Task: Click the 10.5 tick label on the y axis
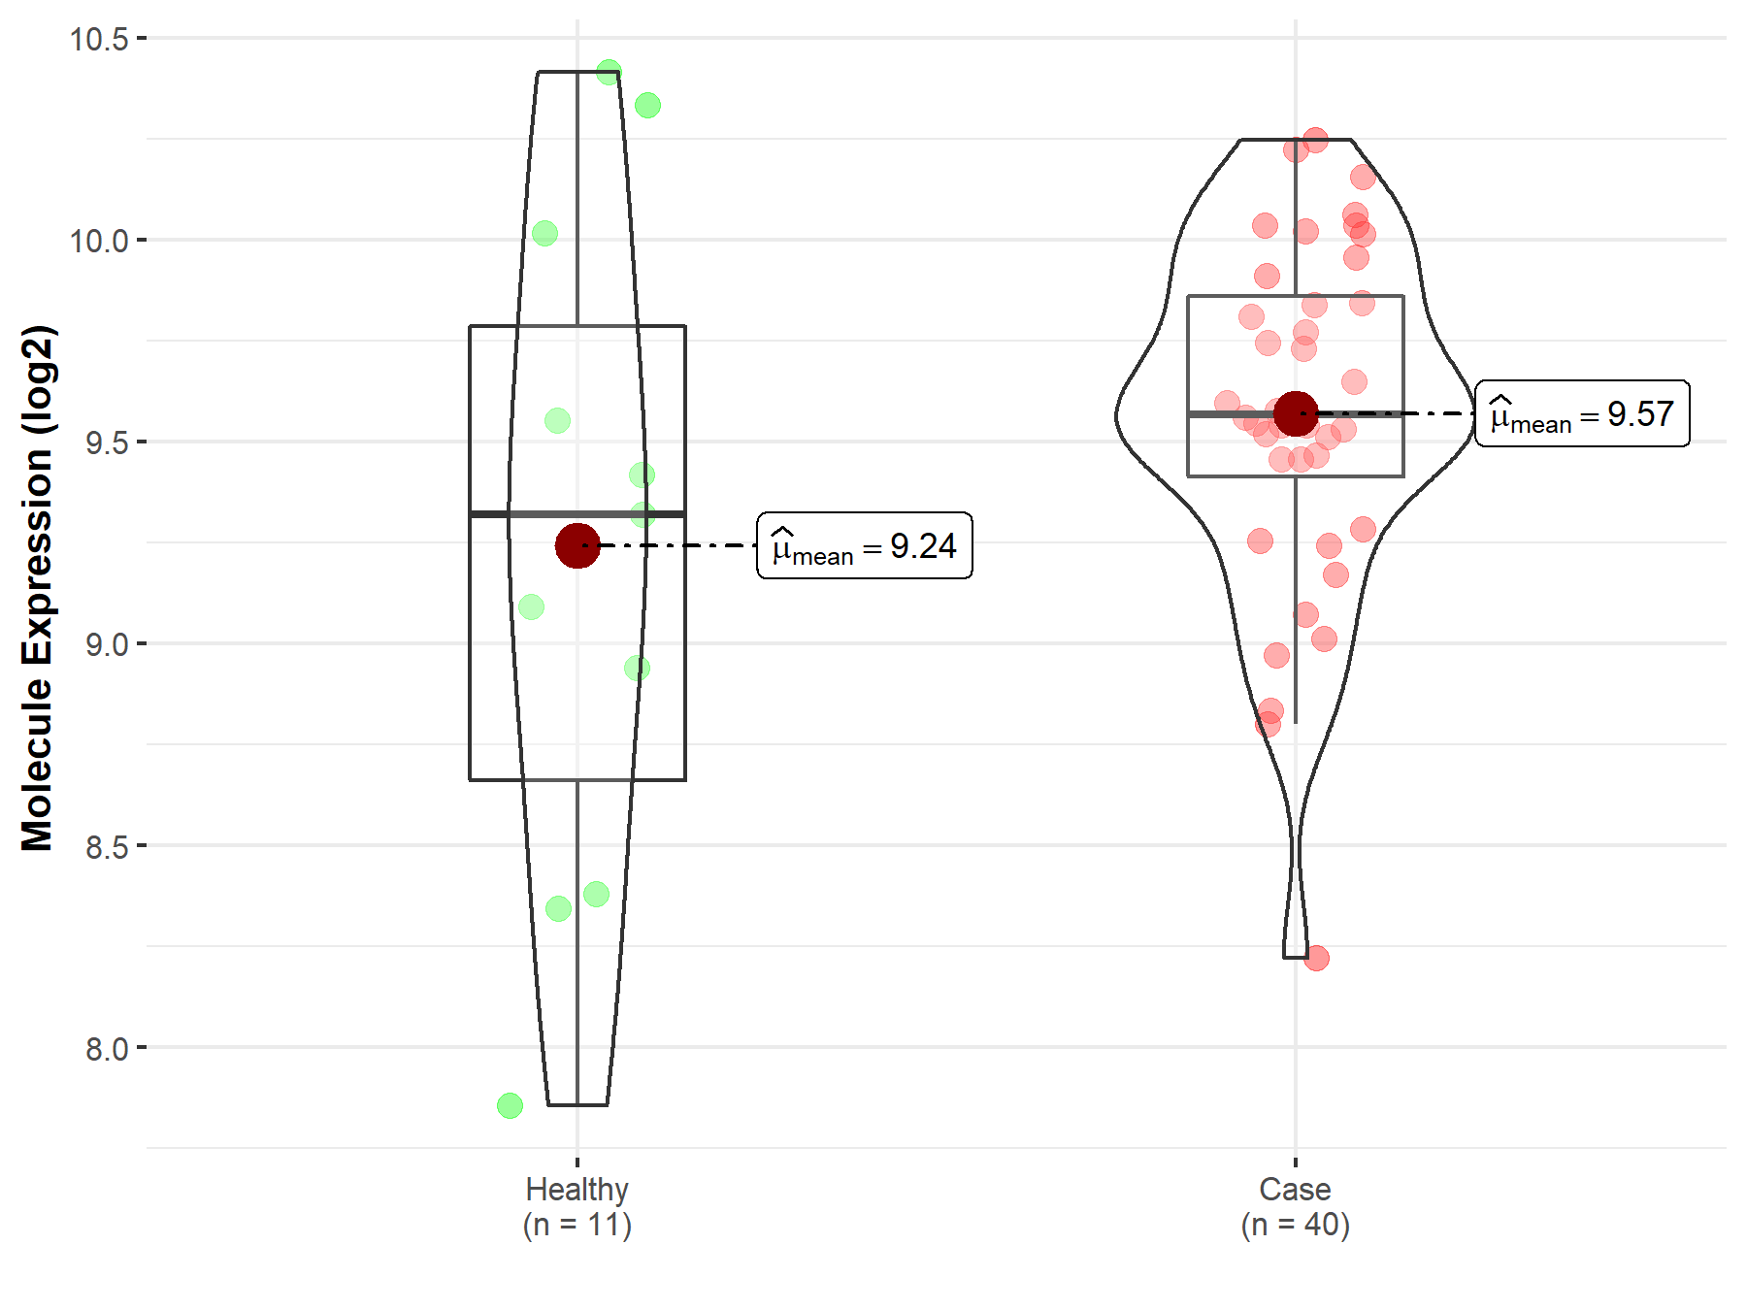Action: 99,39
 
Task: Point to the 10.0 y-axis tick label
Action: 99,241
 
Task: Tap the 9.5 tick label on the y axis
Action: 107,442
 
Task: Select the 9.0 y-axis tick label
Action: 107,644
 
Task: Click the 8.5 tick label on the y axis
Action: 107,846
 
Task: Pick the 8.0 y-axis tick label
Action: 107,1048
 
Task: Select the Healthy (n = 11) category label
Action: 577,1206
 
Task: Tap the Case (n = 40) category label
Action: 1296,1206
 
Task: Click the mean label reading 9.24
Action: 865,545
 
